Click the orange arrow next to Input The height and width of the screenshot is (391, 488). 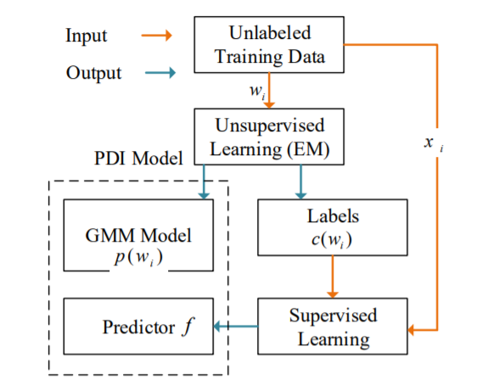point(156,35)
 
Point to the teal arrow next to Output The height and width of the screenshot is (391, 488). point(160,73)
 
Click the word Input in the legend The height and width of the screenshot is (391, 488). point(87,36)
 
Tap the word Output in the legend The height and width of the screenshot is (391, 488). point(93,73)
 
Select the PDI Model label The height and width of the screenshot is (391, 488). point(138,158)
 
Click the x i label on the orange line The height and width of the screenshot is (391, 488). point(434,143)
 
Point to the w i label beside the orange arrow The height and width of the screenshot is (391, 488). point(257,92)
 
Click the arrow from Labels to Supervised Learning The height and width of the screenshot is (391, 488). point(333,276)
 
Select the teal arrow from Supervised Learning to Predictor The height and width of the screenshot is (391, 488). point(236,327)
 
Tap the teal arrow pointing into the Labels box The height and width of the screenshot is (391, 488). point(300,182)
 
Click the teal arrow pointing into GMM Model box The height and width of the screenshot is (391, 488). point(204,182)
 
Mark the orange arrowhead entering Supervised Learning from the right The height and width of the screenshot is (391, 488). point(411,330)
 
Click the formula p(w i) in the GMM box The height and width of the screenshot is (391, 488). point(138,258)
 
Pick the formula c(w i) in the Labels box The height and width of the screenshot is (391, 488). point(332,240)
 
